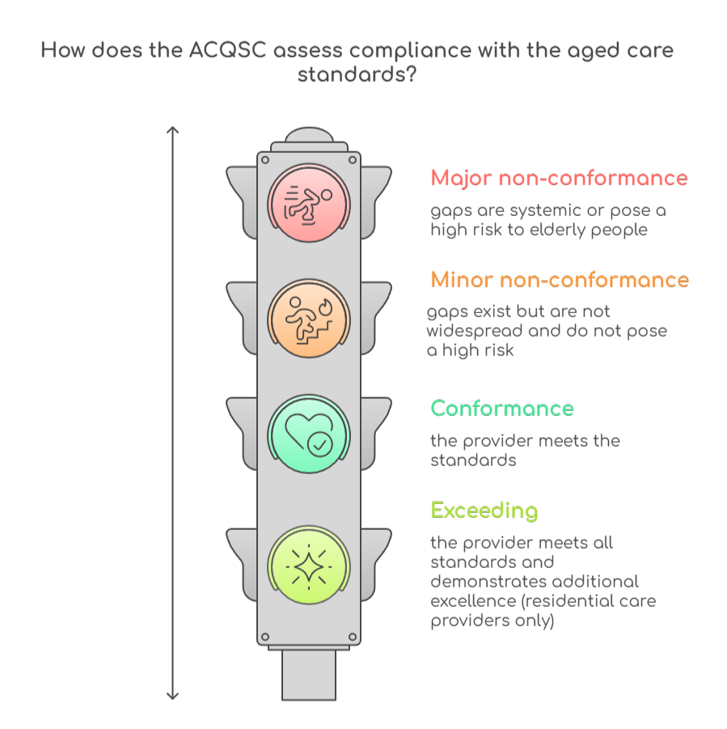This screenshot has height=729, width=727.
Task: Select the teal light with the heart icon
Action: [x=308, y=434]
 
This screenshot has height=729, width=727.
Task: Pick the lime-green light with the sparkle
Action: [x=308, y=565]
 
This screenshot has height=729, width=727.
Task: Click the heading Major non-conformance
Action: [x=559, y=178]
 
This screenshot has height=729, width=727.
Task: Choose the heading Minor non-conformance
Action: [x=560, y=280]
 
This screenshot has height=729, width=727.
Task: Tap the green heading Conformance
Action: [x=502, y=409]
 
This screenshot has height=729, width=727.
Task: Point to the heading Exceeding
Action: [x=484, y=511]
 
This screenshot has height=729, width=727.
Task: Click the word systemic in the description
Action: [x=522, y=210]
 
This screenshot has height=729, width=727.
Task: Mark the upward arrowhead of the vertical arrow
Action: [x=172, y=129]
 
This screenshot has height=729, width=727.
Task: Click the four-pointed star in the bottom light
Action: [x=308, y=566]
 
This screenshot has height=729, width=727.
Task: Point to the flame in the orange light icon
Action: [x=325, y=307]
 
